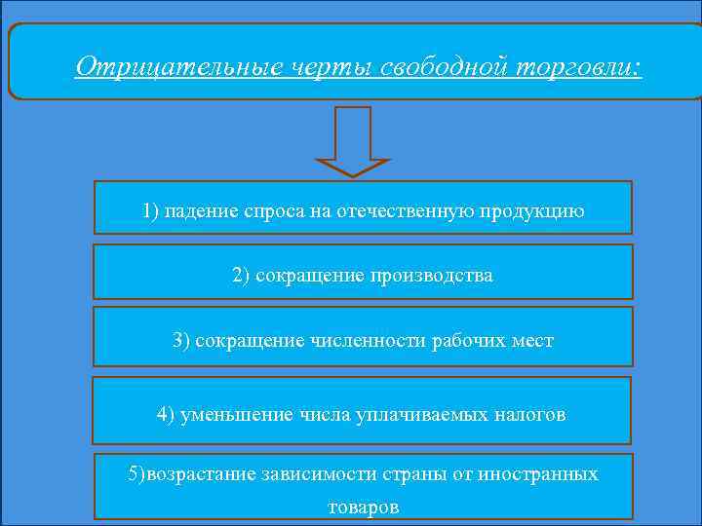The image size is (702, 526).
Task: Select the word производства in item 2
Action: pos(431,276)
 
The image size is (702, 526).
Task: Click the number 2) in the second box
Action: pos(242,276)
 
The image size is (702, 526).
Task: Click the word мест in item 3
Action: pos(532,341)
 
